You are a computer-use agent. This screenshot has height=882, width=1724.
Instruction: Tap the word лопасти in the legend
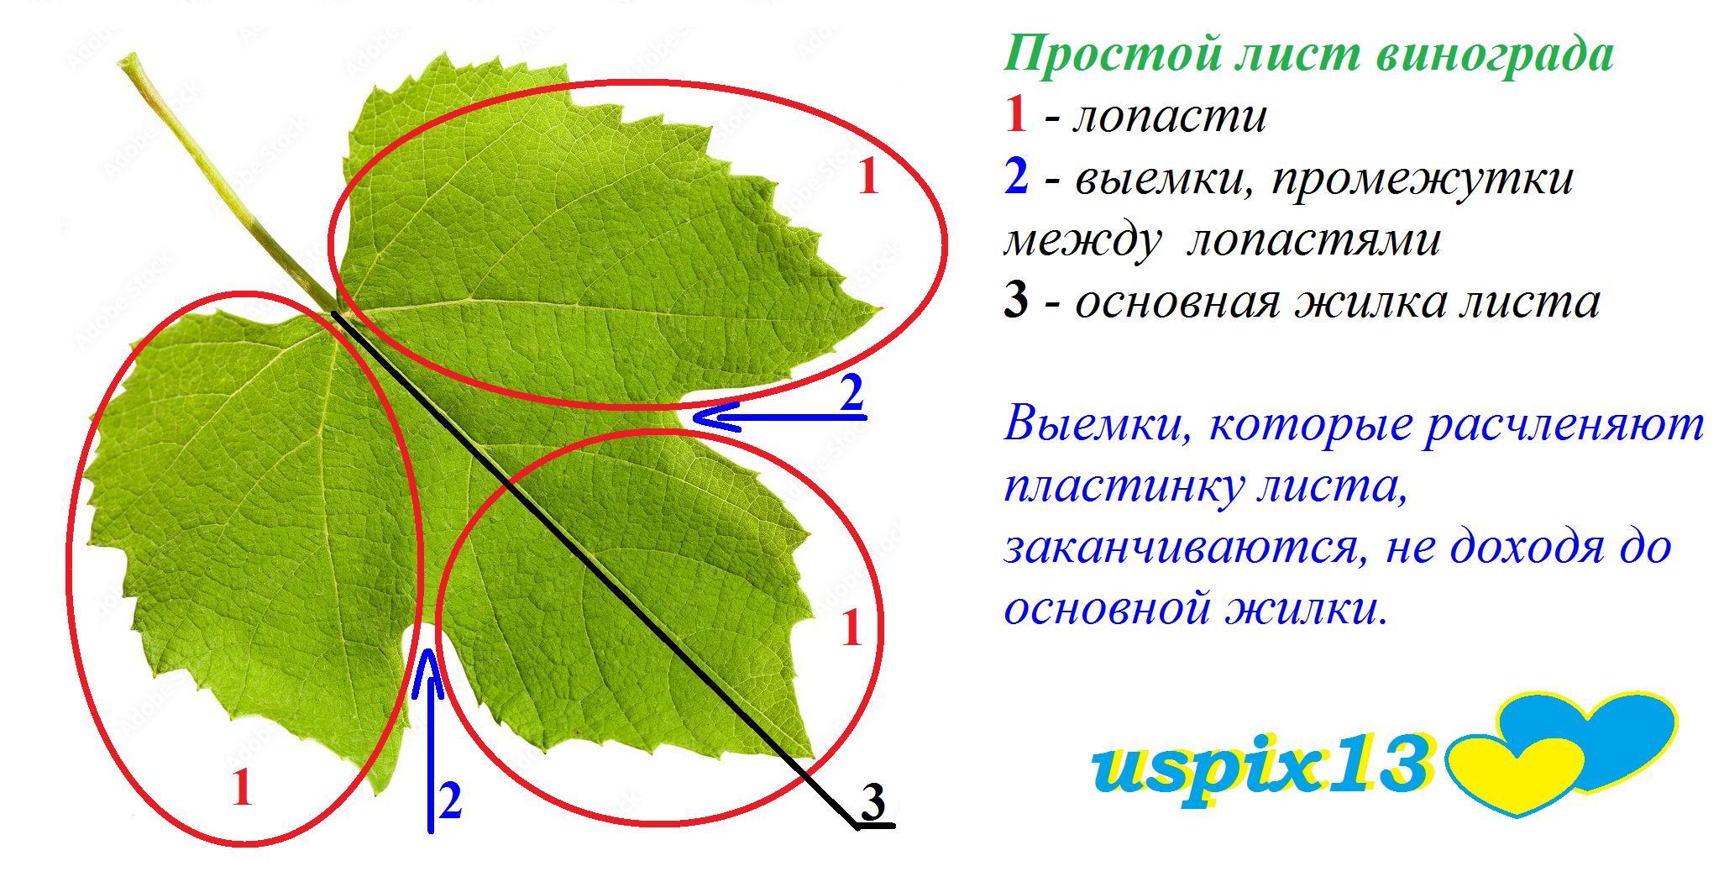coord(1169,118)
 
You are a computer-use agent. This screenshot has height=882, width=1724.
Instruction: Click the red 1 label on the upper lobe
coord(868,177)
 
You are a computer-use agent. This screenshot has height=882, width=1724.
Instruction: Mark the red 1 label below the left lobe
coord(242,788)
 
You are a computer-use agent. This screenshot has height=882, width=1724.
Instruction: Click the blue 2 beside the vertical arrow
coord(451,801)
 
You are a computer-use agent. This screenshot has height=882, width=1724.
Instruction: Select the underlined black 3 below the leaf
coord(874,804)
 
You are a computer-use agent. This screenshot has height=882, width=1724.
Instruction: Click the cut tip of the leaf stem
coord(129,62)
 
